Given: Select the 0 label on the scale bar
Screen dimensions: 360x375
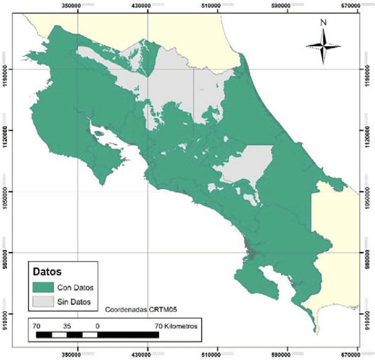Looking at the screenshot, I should coord(98,326).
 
